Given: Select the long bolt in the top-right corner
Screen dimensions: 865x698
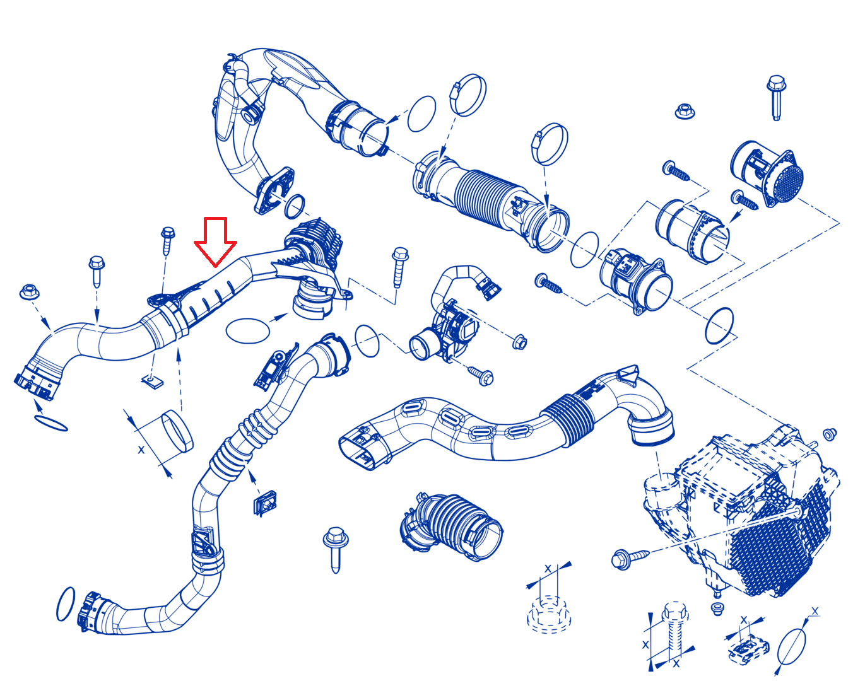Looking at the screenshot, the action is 775,97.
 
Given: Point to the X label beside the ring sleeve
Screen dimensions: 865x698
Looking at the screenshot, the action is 141,450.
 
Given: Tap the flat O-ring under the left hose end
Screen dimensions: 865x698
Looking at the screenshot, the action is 51,423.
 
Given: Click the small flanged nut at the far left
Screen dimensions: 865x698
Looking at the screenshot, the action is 29,292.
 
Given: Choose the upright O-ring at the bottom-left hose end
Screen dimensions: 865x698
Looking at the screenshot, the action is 66,603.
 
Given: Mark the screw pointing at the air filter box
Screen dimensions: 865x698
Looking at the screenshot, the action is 630,557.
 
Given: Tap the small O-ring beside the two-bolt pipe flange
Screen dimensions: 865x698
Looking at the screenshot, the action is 295,206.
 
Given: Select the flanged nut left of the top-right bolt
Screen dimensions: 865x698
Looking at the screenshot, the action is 685,111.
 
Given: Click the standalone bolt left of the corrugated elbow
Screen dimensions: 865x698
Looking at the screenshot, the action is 336,549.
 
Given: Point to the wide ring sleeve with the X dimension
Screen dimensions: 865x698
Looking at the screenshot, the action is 177,431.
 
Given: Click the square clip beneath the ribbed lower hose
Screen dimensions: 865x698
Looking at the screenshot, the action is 265,503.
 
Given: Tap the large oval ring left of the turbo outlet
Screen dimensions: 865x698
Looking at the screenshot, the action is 248,330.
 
